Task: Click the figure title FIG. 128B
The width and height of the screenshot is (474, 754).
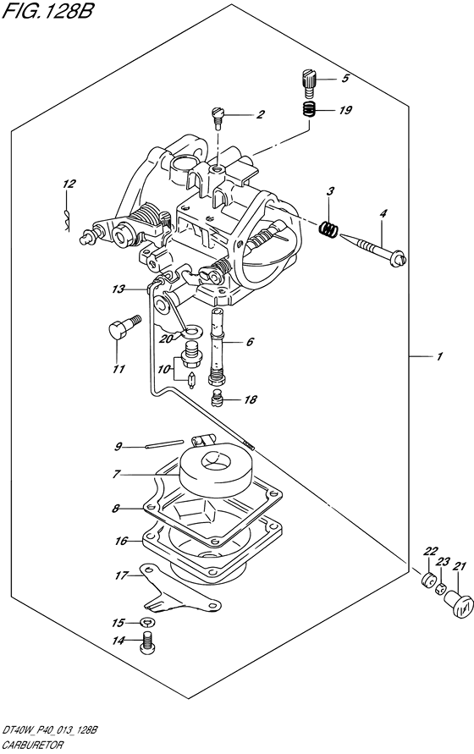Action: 47,11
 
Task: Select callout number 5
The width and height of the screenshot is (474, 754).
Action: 345,79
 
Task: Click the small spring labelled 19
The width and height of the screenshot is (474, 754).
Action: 308,110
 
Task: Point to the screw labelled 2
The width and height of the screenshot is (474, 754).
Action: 217,118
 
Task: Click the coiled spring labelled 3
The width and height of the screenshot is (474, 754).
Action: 328,228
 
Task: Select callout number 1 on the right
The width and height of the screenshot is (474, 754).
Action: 438,357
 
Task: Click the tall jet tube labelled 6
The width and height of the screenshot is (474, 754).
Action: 217,346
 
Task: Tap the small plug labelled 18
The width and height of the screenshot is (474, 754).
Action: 218,399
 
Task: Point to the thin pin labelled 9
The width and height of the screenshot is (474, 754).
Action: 164,443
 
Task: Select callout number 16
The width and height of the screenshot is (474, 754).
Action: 120,541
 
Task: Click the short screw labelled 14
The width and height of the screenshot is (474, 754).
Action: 147,643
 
